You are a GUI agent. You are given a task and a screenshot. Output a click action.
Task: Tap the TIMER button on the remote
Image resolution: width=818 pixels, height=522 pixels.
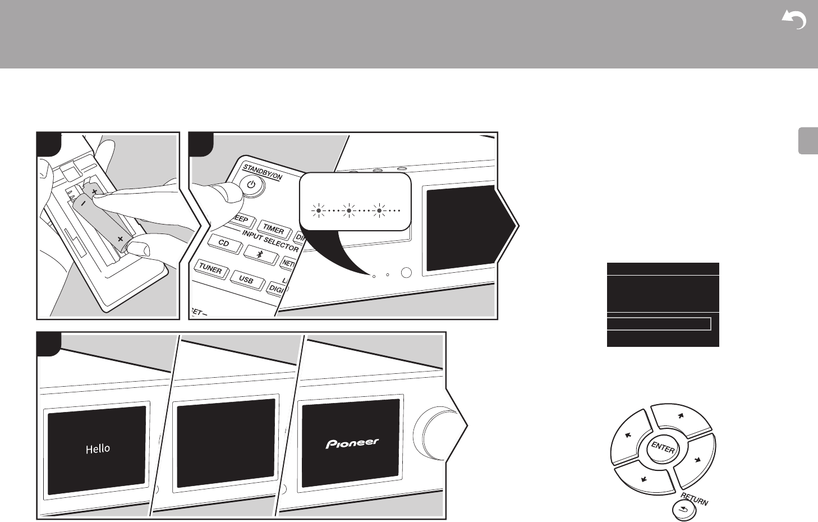tap(273, 229)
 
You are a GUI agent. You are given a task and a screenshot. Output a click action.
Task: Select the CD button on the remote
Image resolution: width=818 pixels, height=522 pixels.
tap(224, 244)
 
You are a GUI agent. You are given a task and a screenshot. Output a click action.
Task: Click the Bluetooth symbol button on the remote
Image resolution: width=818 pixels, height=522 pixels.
tap(260, 254)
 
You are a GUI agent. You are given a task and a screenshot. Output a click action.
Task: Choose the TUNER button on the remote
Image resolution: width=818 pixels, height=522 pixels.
tap(210, 269)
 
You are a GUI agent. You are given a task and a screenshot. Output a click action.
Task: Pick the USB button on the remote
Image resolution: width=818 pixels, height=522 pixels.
tap(246, 280)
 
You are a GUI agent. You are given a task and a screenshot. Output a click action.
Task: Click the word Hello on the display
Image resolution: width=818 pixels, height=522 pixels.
tap(98, 448)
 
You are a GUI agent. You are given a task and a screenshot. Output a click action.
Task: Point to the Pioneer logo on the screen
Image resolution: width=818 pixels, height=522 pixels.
tap(352, 443)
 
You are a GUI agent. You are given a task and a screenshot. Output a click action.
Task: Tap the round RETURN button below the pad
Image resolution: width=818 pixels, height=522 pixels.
tap(683, 510)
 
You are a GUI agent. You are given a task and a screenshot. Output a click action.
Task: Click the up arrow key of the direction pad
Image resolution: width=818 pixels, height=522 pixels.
tap(680, 419)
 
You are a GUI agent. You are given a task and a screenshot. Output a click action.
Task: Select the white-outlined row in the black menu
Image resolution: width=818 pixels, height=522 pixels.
tap(659, 324)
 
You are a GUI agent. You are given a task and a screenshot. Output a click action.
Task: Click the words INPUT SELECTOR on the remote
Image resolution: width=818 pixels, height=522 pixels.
tap(270, 240)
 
